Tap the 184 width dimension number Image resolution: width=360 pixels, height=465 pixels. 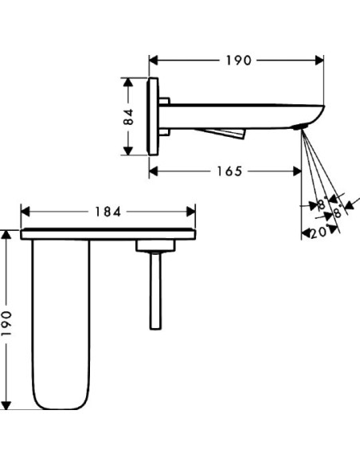coord(108,212)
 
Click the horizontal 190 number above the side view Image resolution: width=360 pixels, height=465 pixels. coord(236,61)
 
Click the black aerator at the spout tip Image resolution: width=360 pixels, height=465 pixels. coord(300,127)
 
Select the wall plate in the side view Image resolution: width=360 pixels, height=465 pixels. coord(155,116)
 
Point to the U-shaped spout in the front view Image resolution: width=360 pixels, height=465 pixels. coord(61,322)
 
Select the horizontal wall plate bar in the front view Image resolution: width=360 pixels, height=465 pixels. coord(108,234)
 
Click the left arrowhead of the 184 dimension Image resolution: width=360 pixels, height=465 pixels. coord(25,212)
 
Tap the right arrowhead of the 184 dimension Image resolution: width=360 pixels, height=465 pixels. coord(191,212)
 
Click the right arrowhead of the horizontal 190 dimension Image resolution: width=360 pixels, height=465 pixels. coord(320,61)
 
